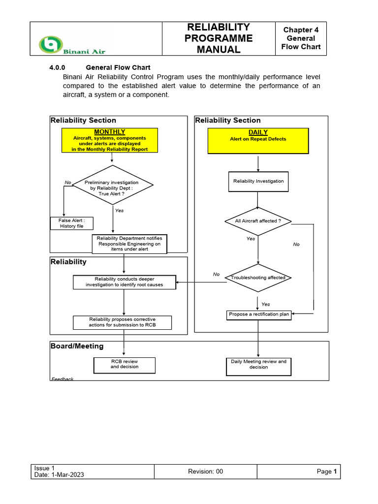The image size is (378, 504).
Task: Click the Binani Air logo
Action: click(72, 45)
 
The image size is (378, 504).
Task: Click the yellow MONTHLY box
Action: click(109, 141)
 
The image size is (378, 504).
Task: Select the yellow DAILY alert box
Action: click(258, 141)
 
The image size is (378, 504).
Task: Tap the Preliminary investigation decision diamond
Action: click(113, 185)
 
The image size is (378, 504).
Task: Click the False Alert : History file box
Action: click(72, 223)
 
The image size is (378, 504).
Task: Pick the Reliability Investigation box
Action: click(258, 181)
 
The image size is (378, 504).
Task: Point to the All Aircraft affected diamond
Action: click(258, 221)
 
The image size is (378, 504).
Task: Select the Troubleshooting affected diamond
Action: click(258, 278)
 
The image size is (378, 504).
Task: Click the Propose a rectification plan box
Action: click(259, 315)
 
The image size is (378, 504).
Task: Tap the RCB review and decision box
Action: click(125, 364)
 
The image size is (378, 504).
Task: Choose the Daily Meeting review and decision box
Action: click(258, 364)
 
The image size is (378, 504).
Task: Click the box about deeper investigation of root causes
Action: click(125, 282)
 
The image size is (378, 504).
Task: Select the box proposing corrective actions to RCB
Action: click(123, 322)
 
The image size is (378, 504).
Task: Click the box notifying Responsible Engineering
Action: click(129, 244)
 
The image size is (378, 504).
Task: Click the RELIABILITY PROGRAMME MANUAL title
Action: click(218, 38)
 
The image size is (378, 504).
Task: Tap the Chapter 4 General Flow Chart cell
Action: click(301, 38)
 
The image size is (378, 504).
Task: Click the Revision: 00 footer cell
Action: click(205, 472)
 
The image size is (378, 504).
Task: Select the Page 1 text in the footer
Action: click(327, 472)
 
